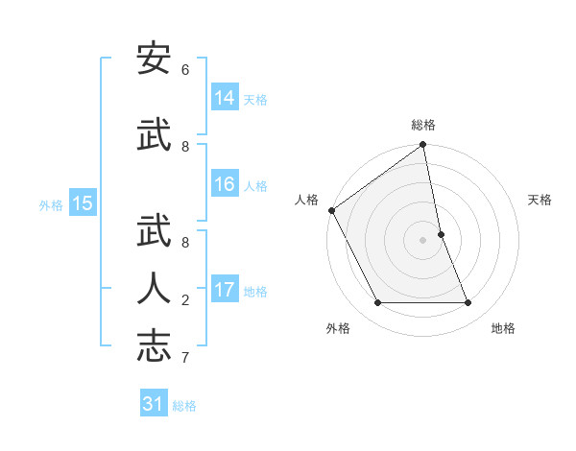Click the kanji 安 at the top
154,59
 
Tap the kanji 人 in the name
154,289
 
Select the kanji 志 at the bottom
154,346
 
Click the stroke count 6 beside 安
185,70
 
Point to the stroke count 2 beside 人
185,300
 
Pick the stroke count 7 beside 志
185,358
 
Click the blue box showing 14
225,98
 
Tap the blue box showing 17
225,290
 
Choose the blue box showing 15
83,203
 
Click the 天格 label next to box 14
255,99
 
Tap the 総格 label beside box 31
184,405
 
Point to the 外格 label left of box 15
51,204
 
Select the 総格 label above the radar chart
423,125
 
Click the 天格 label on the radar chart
540,200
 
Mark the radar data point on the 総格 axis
422,146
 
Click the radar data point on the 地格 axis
468,303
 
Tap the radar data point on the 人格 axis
331,210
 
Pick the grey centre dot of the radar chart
422,239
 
